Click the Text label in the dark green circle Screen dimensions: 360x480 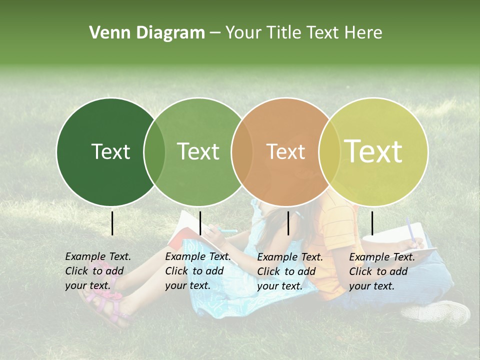[110, 151]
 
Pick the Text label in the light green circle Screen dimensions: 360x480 [198, 151]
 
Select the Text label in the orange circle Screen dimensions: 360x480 [285, 151]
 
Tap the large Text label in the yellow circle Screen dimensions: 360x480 [373, 151]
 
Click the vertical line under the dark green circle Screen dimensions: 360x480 [112, 223]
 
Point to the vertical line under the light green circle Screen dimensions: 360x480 [200, 223]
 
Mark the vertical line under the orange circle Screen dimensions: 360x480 [288, 223]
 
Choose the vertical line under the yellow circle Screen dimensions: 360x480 [372, 223]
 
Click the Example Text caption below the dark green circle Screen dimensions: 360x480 [97, 271]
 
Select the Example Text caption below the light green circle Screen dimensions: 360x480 [197, 271]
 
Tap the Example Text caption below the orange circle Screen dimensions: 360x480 [289, 271]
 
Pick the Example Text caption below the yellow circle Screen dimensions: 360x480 [381, 271]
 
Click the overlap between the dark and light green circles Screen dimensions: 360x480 [154, 151]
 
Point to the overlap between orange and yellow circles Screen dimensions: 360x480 [329, 151]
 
